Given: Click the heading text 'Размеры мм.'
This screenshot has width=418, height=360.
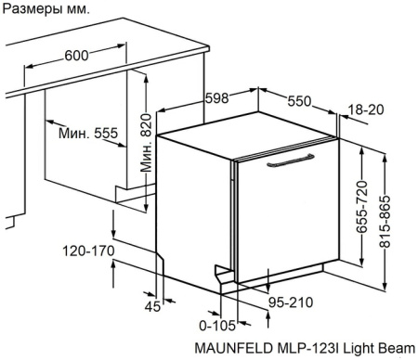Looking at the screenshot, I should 46,11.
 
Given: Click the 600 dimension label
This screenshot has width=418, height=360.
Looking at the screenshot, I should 77,56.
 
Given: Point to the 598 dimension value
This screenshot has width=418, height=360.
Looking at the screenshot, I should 216,98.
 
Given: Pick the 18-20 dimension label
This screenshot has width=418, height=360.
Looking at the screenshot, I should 365,109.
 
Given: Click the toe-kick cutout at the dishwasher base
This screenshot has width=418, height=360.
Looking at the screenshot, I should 224,275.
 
